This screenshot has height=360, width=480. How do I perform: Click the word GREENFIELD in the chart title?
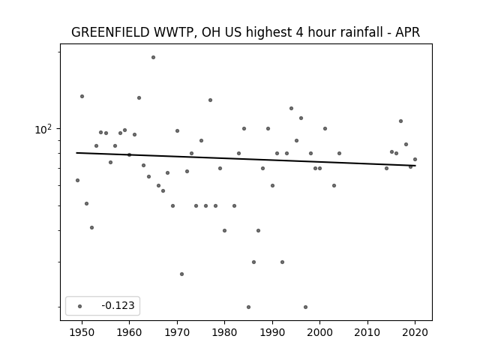click(110, 32)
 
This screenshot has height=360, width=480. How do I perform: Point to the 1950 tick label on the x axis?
click(82, 332)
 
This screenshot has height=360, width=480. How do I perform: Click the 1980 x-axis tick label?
click(224, 332)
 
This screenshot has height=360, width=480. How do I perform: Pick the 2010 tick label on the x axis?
click(367, 332)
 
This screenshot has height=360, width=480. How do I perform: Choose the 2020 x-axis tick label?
click(415, 332)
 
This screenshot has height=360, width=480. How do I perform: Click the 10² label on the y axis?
click(43, 130)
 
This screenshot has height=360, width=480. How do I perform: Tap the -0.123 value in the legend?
click(118, 305)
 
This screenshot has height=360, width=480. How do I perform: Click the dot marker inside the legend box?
click(79, 306)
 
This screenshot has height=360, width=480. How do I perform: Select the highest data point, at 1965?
click(153, 57)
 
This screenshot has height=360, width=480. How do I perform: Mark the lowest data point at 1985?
click(248, 307)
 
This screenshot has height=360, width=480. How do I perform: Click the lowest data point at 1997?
click(305, 307)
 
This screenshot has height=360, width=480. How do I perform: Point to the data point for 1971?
click(181, 274)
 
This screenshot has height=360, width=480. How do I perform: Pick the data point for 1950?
click(82, 97)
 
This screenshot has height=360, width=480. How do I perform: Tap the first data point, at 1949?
click(77, 180)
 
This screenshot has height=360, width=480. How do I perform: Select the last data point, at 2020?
click(415, 159)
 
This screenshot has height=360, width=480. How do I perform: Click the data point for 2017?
click(400, 121)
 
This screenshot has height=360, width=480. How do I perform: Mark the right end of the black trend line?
click(415, 166)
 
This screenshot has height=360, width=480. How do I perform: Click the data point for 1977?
click(210, 100)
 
